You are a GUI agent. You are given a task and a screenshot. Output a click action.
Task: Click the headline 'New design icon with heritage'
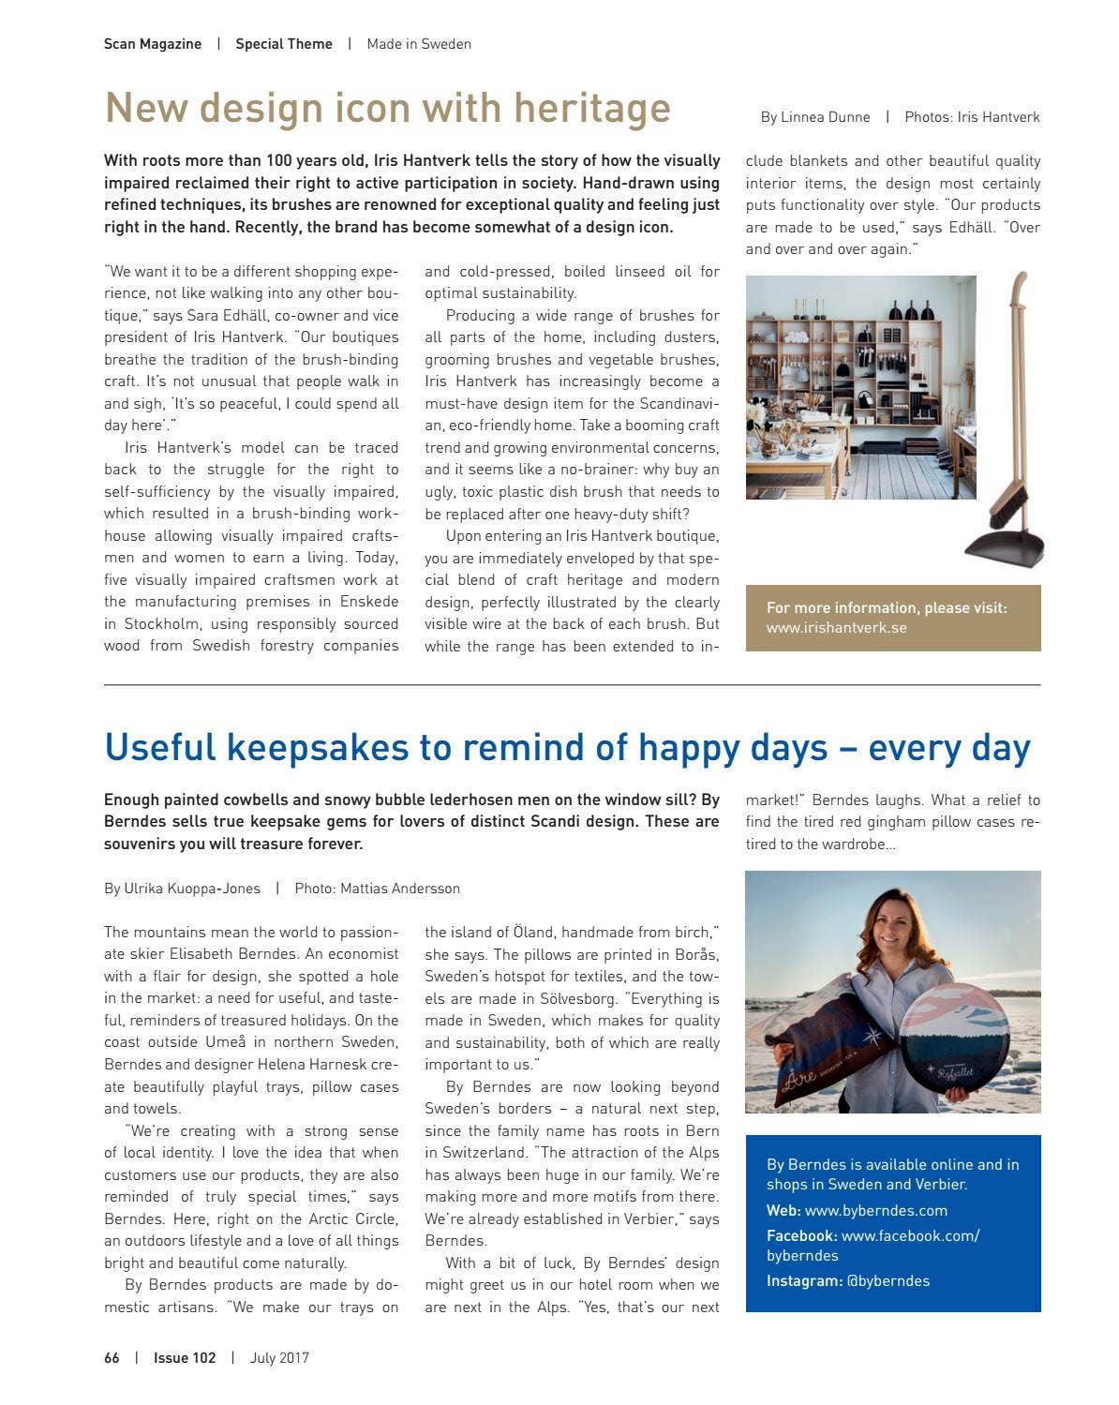click(387, 108)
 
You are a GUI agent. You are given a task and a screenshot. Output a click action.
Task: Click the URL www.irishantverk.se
click(836, 628)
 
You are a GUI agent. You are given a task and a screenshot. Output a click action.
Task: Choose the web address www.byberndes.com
click(875, 1210)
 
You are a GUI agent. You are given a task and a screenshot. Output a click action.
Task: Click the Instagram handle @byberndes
click(888, 1280)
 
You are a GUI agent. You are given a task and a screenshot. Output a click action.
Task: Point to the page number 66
click(112, 1358)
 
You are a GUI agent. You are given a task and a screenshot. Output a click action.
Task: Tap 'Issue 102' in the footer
click(185, 1358)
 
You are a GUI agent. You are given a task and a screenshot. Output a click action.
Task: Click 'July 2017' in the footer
click(279, 1358)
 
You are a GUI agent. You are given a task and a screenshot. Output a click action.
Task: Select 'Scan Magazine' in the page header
click(153, 44)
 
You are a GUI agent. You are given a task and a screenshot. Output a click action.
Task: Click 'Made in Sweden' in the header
click(419, 44)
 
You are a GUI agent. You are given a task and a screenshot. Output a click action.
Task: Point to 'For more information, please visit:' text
click(887, 607)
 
